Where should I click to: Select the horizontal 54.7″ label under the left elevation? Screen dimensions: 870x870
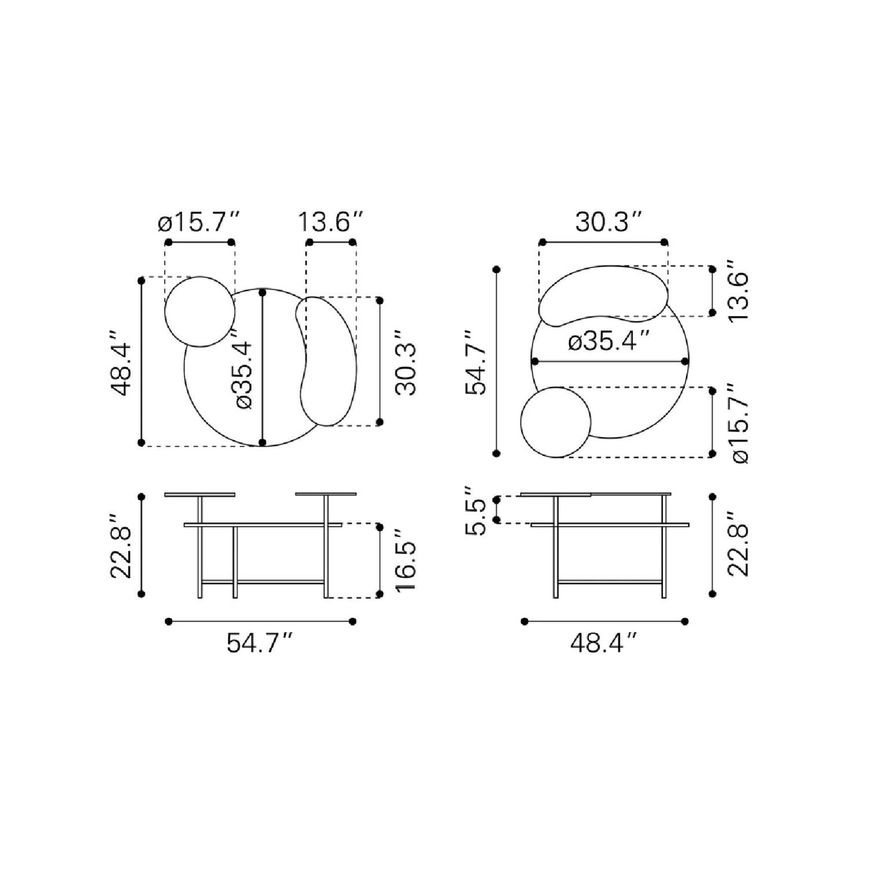point(261,643)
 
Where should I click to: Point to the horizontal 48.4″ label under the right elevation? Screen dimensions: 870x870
point(603,643)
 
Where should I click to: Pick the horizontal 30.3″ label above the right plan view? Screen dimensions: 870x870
point(608,221)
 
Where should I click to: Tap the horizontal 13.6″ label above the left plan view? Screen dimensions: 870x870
point(330,221)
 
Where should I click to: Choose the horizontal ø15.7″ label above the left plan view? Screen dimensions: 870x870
point(198,221)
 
